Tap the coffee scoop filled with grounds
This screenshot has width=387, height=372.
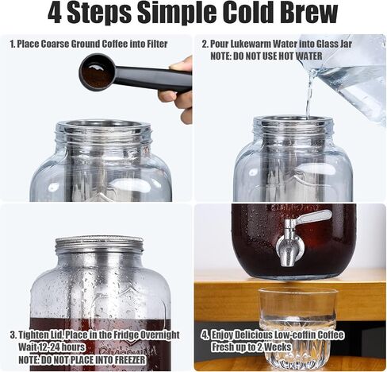(x=97, y=72)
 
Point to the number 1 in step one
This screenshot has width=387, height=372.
(x=12, y=45)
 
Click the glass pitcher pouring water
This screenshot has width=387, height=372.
(x=349, y=76)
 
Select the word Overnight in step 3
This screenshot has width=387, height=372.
(x=153, y=335)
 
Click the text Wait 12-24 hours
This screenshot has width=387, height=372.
(x=52, y=347)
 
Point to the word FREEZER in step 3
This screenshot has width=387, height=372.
(x=133, y=359)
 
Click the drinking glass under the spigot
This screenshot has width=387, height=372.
(x=297, y=326)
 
